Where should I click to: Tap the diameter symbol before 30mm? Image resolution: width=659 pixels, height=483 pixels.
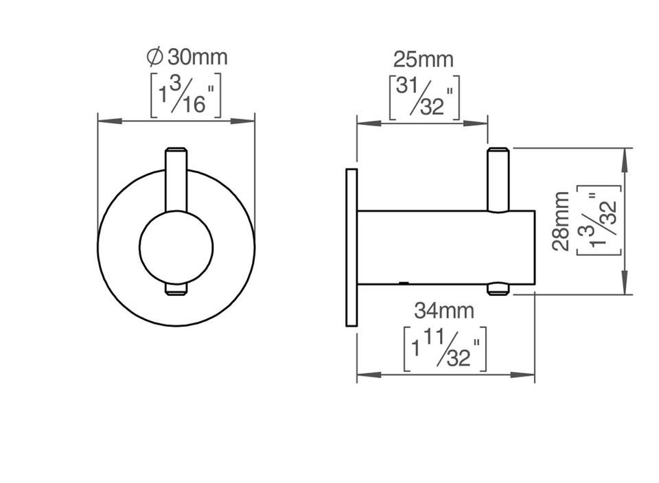coord(154,57)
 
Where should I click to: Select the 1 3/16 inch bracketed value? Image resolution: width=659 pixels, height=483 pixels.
coord(186,96)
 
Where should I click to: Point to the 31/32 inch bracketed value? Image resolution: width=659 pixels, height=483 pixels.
coord(424,98)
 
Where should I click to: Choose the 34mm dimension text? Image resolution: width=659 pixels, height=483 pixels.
coord(444,311)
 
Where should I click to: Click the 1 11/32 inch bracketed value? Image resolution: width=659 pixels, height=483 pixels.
coord(445,349)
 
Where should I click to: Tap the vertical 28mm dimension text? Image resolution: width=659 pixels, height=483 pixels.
coord(561,222)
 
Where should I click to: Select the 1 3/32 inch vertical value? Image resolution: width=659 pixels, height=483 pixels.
coord(599,220)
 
